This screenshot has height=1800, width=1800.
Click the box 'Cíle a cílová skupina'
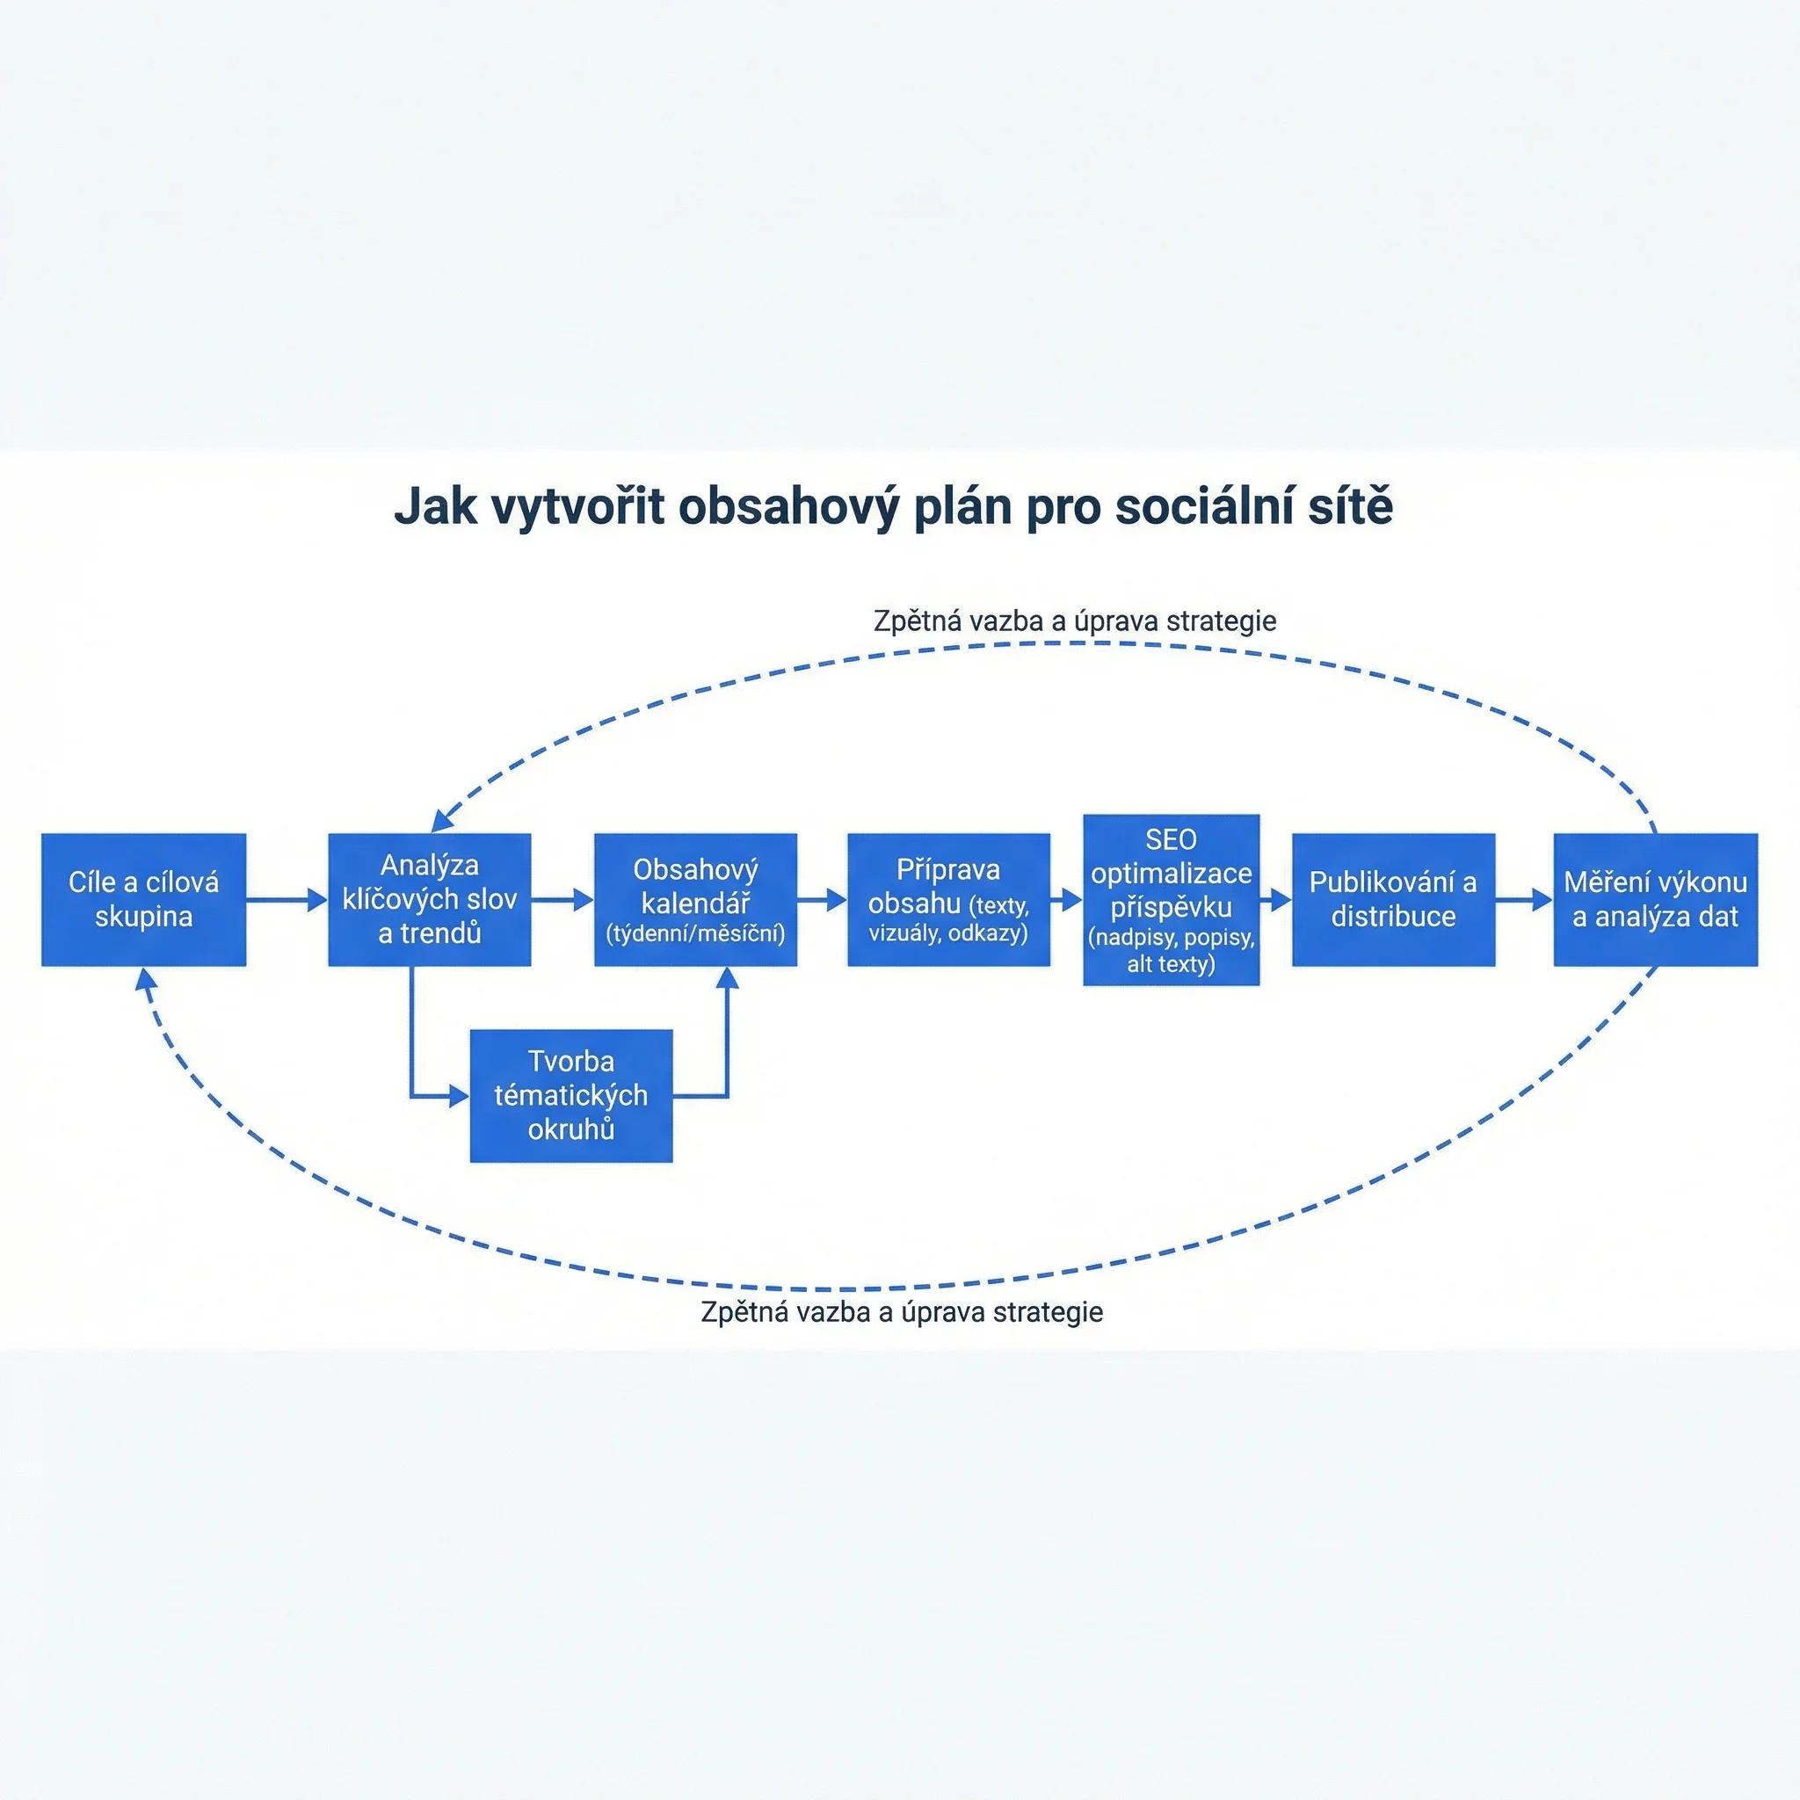(143, 899)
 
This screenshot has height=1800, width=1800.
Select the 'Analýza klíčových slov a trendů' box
(430, 899)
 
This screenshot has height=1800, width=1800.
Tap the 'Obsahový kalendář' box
(695, 899)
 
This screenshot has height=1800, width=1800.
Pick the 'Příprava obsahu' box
(948, 899)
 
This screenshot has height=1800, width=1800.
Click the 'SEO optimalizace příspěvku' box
(1171, 899)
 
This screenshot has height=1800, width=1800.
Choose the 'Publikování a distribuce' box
(1393, 899)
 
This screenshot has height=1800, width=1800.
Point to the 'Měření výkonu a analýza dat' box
(1656, 899)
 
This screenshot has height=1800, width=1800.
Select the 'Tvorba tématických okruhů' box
(571, 1096)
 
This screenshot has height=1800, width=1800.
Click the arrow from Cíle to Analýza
(287, 900)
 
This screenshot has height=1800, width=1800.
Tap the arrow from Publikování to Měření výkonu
(1524, 900)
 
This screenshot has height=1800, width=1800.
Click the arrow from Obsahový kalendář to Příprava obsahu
(822, 900)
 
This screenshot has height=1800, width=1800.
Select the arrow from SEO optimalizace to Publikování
(1275, 900)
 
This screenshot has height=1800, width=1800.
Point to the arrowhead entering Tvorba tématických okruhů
(460, 1097)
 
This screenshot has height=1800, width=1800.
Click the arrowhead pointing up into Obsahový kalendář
(727, 976)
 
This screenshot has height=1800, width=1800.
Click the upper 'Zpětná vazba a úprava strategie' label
(1075, 621)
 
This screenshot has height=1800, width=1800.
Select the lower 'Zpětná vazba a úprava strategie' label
(902, 1312)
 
